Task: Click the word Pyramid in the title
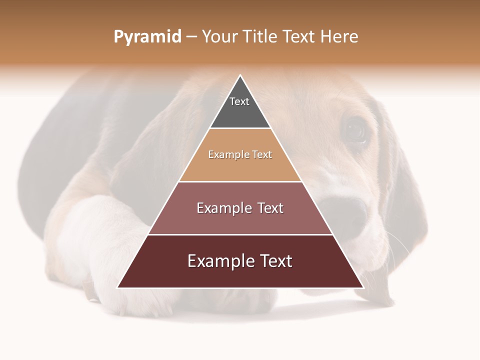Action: [x=147, y=37]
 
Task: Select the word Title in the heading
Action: [x=261, y=36]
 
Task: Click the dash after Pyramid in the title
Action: [x=191, y=37]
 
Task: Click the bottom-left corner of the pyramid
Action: [x=118, y=287]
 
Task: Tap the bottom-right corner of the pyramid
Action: [x=363, y=287]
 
